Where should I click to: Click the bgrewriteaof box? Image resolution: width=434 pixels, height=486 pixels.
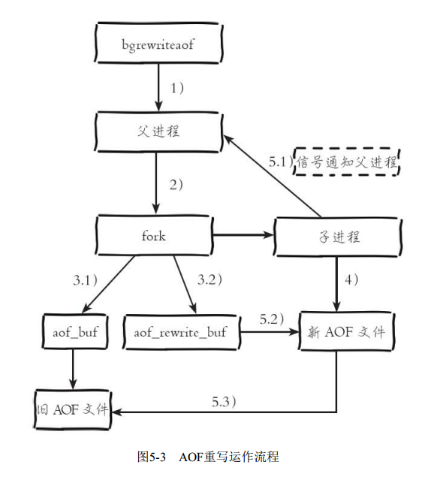click(x=158, y=44)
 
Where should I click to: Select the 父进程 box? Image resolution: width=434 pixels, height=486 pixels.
click(x=158, y=131)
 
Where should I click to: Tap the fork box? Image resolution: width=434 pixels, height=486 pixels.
click(x=154, y=236)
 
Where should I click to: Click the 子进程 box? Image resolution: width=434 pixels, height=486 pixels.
click(x=335, y=237)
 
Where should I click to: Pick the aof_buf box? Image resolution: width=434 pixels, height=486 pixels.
click(x=73, y=331)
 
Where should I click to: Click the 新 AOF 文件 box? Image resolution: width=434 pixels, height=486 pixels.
click(x=345, y=331)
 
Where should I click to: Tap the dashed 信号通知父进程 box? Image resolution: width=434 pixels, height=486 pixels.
click(x=347, y=160)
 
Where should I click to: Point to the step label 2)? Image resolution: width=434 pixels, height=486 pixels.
click(x=177, y=185)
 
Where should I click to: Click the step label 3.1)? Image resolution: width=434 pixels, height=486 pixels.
click(x=86, y=280)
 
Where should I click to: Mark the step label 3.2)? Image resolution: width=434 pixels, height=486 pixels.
click(x=210, y=280)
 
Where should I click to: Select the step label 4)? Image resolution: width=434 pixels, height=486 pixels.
click(x=351, y=280)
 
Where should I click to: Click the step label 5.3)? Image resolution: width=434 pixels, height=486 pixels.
click(x=225, y=400)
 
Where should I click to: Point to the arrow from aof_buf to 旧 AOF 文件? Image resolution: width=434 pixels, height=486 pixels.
click(x=72, y=368)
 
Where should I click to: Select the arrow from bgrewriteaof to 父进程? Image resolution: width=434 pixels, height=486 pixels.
click(x=158, y=87)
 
